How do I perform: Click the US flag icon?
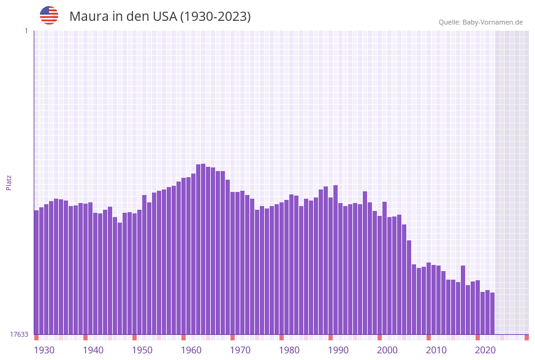tap(49, 15)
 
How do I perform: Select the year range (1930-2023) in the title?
tap(215, 17)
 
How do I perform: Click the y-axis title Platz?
tap(9, 182)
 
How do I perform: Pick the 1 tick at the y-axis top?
tap(26, 31)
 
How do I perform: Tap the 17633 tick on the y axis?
tap(19, 334)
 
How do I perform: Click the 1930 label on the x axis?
tap(44, 350)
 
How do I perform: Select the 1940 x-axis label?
tap(93, 350)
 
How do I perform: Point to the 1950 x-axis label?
tap(142, 350)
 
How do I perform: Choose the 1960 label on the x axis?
tap(191, 350)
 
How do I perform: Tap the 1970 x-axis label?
tap(240, 350)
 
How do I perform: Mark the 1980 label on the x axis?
tap(289, 350)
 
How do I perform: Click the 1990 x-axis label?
tap(338, 350)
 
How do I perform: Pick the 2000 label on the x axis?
tap(387, 350)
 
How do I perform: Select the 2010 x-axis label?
tap(436, 350)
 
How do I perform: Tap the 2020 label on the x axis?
tap(485, 350)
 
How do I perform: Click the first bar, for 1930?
tap(37, 273)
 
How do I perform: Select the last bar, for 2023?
tap(492, 313)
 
